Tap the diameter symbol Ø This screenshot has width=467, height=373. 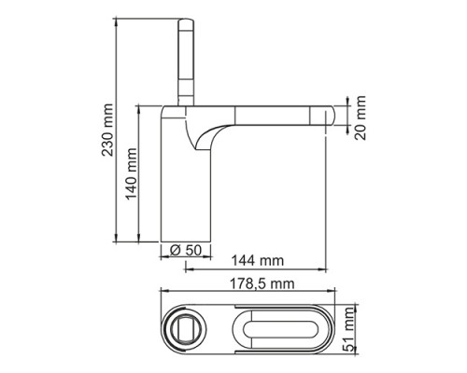(174, 249)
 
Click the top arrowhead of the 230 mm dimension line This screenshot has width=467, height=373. (119, 20)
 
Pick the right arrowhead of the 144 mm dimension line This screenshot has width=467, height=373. (333, 270)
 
